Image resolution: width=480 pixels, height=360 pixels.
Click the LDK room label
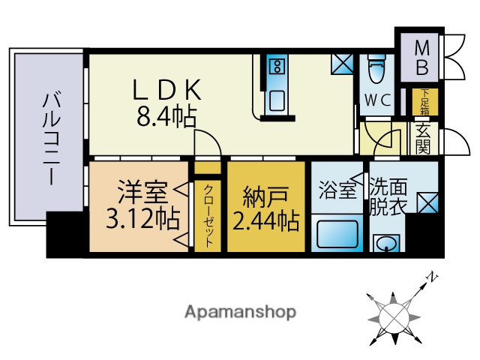click(x=166, y=89)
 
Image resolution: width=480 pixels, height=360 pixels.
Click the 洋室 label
click(x=141, y=193)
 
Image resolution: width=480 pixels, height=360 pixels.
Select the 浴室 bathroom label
click(x=337, y=190)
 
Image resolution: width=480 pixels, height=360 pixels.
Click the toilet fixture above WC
click(x=376, y=71)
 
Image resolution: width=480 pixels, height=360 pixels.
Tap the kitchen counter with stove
click(x=276, y=83)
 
